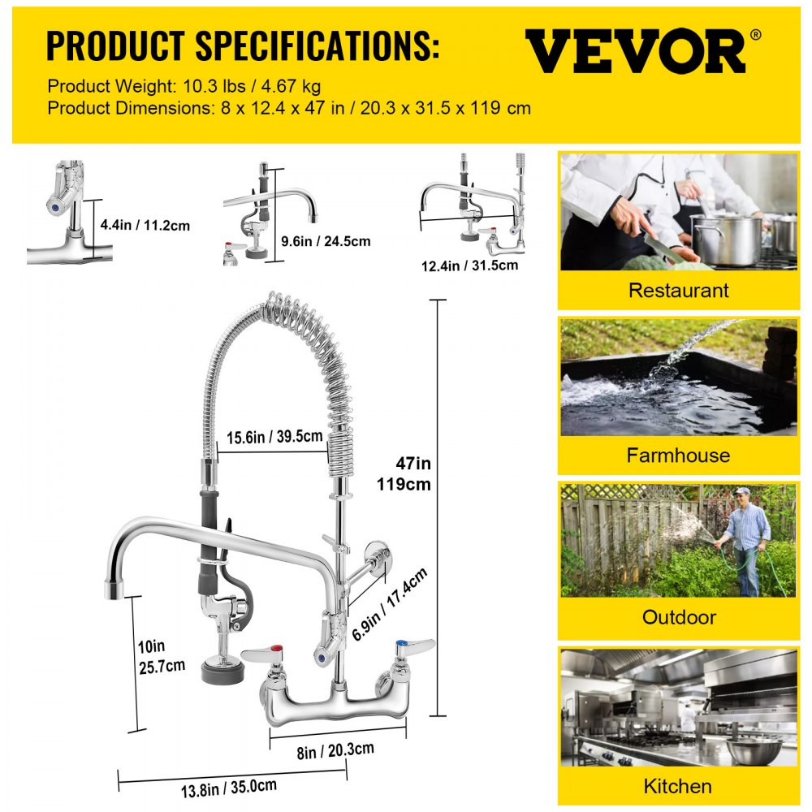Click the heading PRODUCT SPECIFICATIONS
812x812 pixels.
(x=243, y=46)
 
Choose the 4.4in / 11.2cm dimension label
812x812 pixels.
(x=145, y=225)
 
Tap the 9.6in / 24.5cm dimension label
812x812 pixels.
(x=326, y=240)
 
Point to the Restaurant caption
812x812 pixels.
(x=679, y=290)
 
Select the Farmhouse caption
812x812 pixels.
(x=678, y=455)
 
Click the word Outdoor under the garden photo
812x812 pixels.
(x=679, y=617)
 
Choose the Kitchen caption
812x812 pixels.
(x=678, y=785)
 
